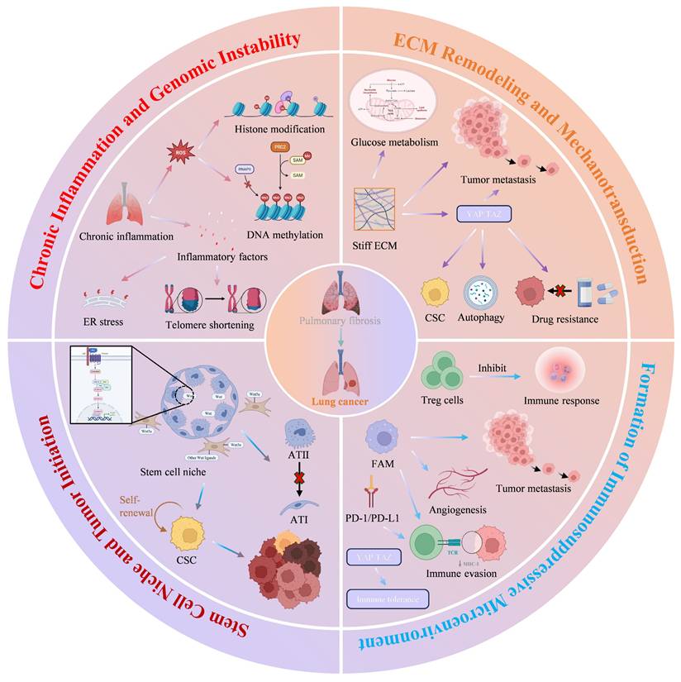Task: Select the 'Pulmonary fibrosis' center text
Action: pos(340,320)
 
